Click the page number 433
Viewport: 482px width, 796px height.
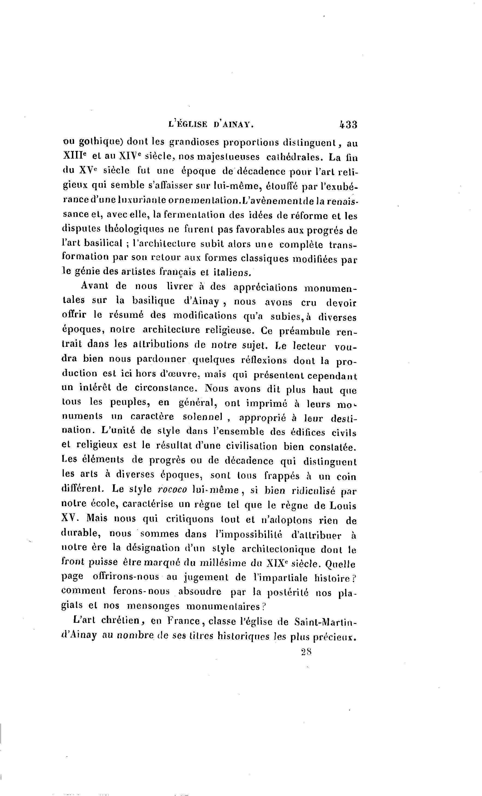click(x=348, y=124)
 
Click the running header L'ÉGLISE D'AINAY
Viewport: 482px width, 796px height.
click(x=211, y=124)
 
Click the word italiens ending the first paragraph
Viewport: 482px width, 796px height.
click(x=232, y=272)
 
